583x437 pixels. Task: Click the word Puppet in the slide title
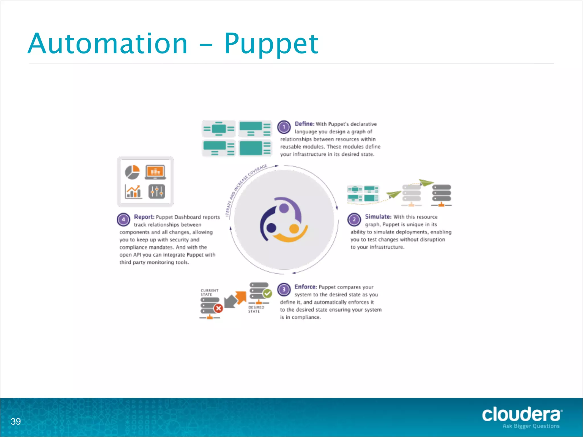tap(271, 44)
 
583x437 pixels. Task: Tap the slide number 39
tap(16, 421)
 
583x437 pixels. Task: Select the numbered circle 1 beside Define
tap(284, 127)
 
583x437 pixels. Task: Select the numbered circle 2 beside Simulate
tap(354, 219)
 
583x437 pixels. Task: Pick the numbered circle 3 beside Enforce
tap(284, 290)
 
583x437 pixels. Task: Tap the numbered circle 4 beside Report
tap(124, 219)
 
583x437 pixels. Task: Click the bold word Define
tap(304, 124)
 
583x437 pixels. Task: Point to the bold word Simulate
tap(378, 217)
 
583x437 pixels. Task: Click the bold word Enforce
tap(305, 287)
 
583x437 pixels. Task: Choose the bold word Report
tap(144, 217)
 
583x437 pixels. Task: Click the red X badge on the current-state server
tap(218, 308)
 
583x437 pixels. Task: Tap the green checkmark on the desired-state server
tap(267, 293)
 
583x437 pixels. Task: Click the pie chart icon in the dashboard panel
tap(132, 172)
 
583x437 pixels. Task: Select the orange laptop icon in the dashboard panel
tap(155, 172)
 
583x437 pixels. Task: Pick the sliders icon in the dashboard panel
tap(157, 191)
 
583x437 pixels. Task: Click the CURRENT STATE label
tap(209, 292)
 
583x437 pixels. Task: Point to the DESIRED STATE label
tap(256, 309)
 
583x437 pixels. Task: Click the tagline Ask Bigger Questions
tap(531, 426)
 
